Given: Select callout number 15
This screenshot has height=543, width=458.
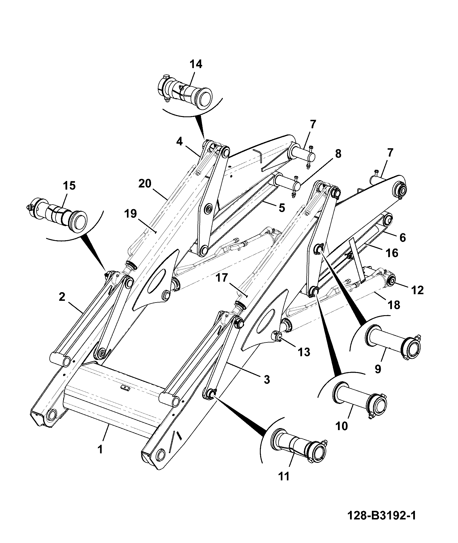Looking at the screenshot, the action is (69, 186).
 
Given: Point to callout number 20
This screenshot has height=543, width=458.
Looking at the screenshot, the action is (145, 184).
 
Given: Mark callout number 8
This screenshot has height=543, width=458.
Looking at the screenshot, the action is (338, 154).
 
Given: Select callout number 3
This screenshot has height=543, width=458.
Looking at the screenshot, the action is (267, 380).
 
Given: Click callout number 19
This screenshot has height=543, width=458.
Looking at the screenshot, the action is (131, 214).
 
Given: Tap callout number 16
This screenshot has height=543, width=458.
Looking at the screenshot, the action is (392, 253).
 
